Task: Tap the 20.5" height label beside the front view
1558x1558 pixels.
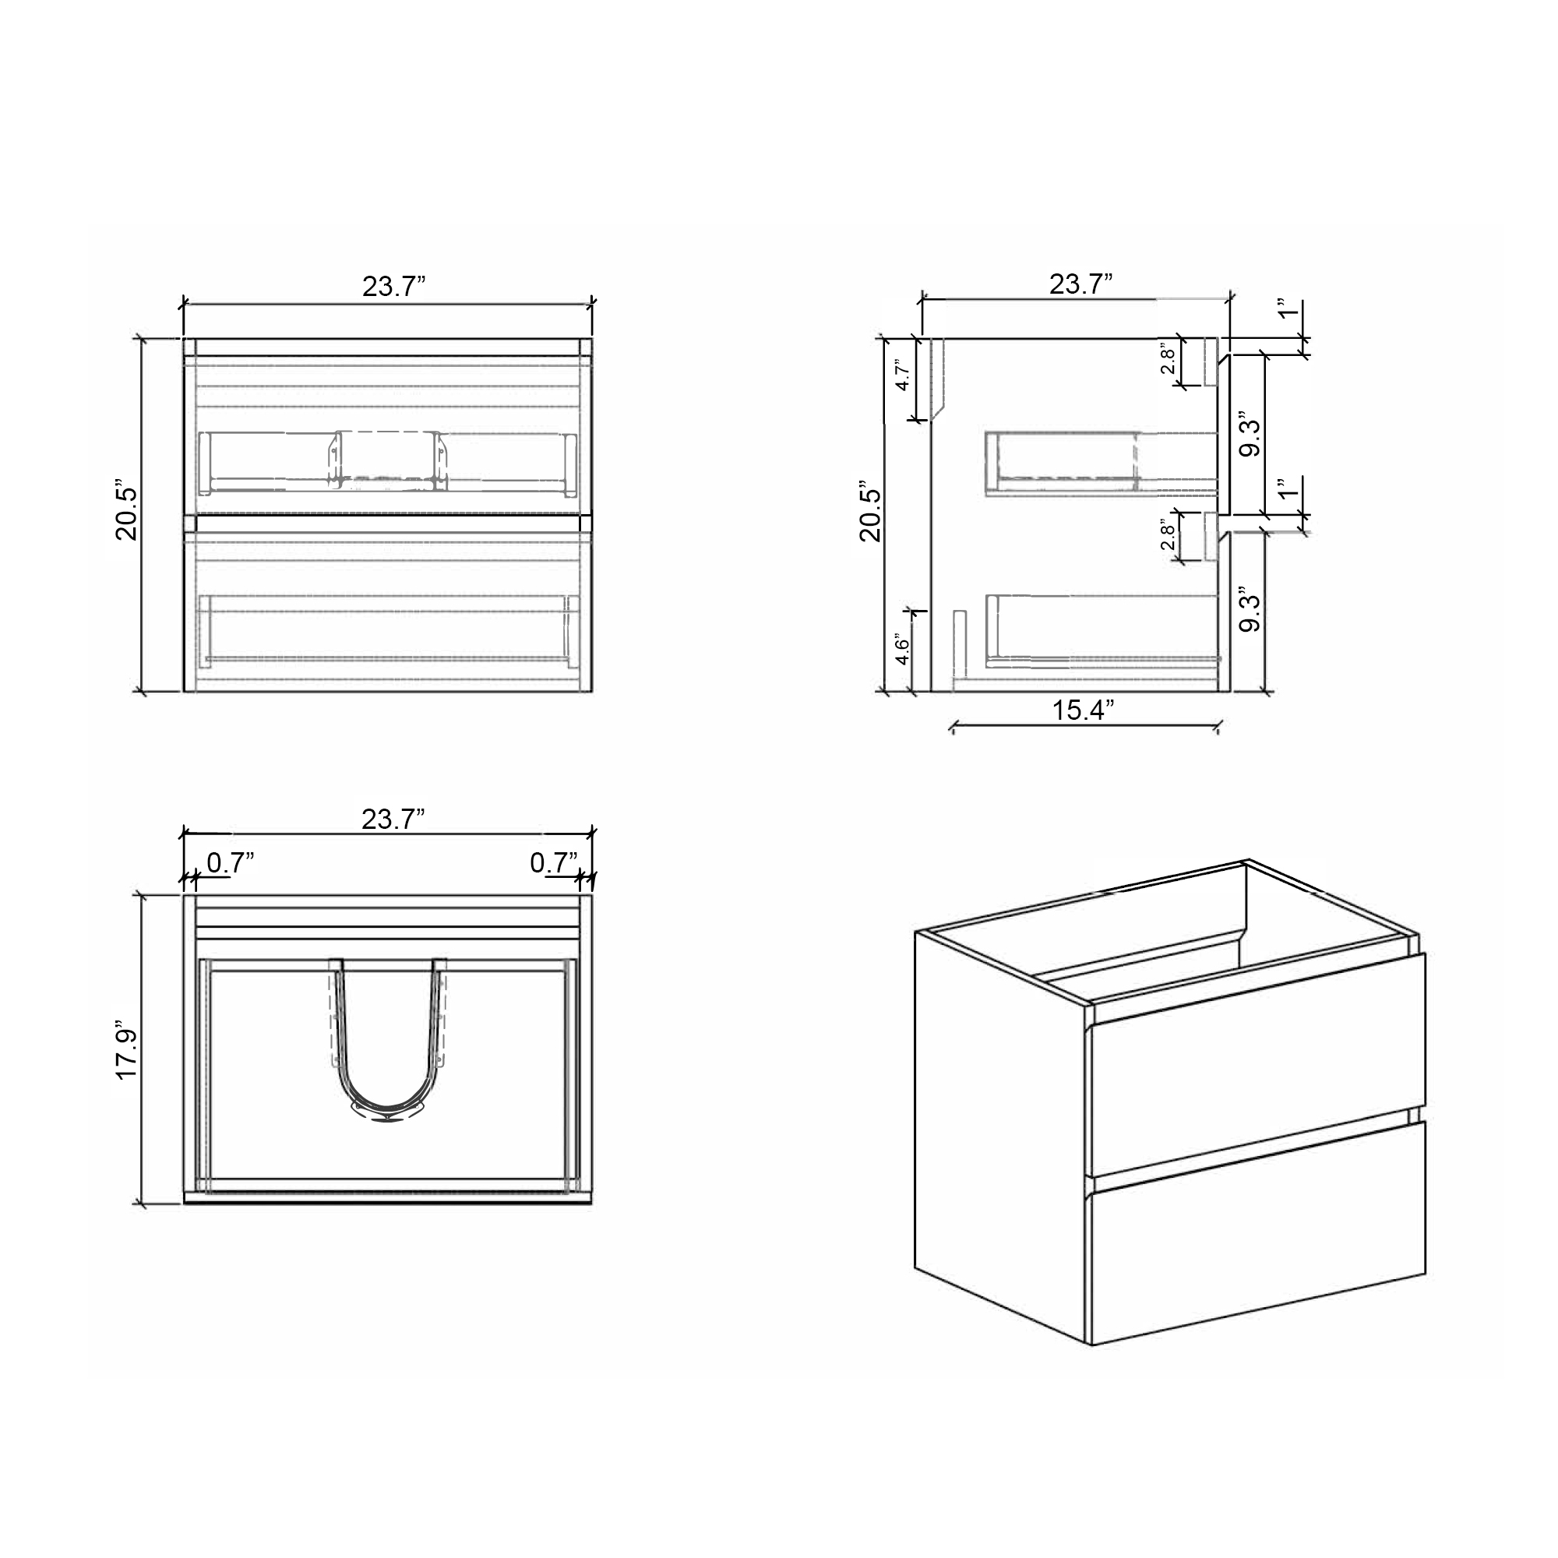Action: pyautogui.click(x=127, y=513)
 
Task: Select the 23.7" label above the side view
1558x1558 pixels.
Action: pyautogui.click(x=1080, y=284)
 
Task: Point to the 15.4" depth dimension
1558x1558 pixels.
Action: pyautogui.click(x=1083, y=710)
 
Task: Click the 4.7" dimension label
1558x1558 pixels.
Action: pyautogui.click(x=903, y=375)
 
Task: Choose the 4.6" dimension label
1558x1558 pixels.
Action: pyautogui.click(x=903, y=650)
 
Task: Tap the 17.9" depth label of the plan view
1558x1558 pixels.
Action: pyautogui.click(x=127, y=1053)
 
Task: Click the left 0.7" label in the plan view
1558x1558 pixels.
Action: pyautogui.click(x=231, y=863)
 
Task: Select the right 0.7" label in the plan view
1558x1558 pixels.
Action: pyautogui.click(x=554, y=863)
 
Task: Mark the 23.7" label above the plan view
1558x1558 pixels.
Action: pyautogui.click(x=393, y=820)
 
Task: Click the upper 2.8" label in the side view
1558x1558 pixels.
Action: pyautogui.click(x=1168, y=360)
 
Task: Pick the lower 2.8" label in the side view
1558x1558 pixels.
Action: pyautogui.click(x=1168, y=534)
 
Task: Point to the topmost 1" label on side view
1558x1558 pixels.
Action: pyautogui.click(x=1288, y=311)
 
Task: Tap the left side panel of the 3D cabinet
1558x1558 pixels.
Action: pyautogui.click(x=1000, y=1129)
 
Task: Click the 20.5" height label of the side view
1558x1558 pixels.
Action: pyautogui.click(x=871, y=513)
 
